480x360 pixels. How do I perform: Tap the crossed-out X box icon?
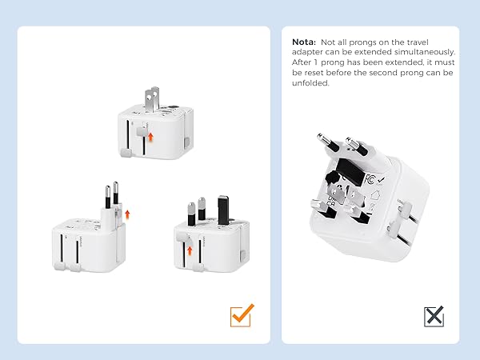(x=434, y=316)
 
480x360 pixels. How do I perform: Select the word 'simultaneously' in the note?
(x=421, y=52)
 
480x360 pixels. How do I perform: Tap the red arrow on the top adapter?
(x=150, y=137)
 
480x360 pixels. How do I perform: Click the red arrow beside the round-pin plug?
(x=126, y=213)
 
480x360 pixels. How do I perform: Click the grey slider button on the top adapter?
(x=140, y=132)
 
